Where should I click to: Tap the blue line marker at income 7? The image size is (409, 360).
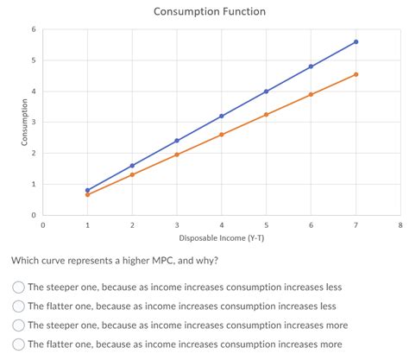click(x=356, y=41)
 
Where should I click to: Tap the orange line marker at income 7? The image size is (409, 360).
click(x=356, y=74)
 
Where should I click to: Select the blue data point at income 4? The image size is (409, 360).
click(x=222, y=116)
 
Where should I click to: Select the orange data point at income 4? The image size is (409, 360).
click(x=222, y=135)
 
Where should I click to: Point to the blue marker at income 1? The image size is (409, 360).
click(x=87, y=190)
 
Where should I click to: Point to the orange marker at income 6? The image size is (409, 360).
click(x=311, y=95)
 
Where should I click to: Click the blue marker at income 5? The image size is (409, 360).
click(x=266, y=92)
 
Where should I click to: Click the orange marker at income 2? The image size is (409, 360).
click(x=132, y=174)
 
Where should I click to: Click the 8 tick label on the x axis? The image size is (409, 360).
click(x=400, y=224)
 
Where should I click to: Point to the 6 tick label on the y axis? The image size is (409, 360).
click(x=33, y=29)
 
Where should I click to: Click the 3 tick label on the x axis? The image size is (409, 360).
click(x=177, y=224)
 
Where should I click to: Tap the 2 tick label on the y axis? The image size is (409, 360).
click(x=33, y=153)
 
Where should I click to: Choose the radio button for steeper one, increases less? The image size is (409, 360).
click(x=18, y=287)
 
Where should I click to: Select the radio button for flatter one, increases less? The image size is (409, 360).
click(x=18, y=306)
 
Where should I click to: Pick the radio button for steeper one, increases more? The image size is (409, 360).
click(x=18, y=325)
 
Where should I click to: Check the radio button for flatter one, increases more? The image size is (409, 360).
click(x=18, y=344)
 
